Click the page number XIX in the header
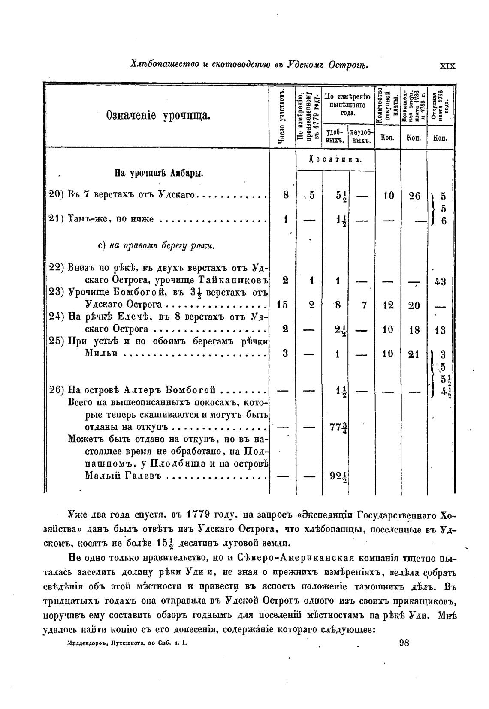(x=447, y=66)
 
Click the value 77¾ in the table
(x=338, y=428)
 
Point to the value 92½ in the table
(x=338, y=476)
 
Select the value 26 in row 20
(x=414, y=196)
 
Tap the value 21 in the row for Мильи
(x=414, y=354)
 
